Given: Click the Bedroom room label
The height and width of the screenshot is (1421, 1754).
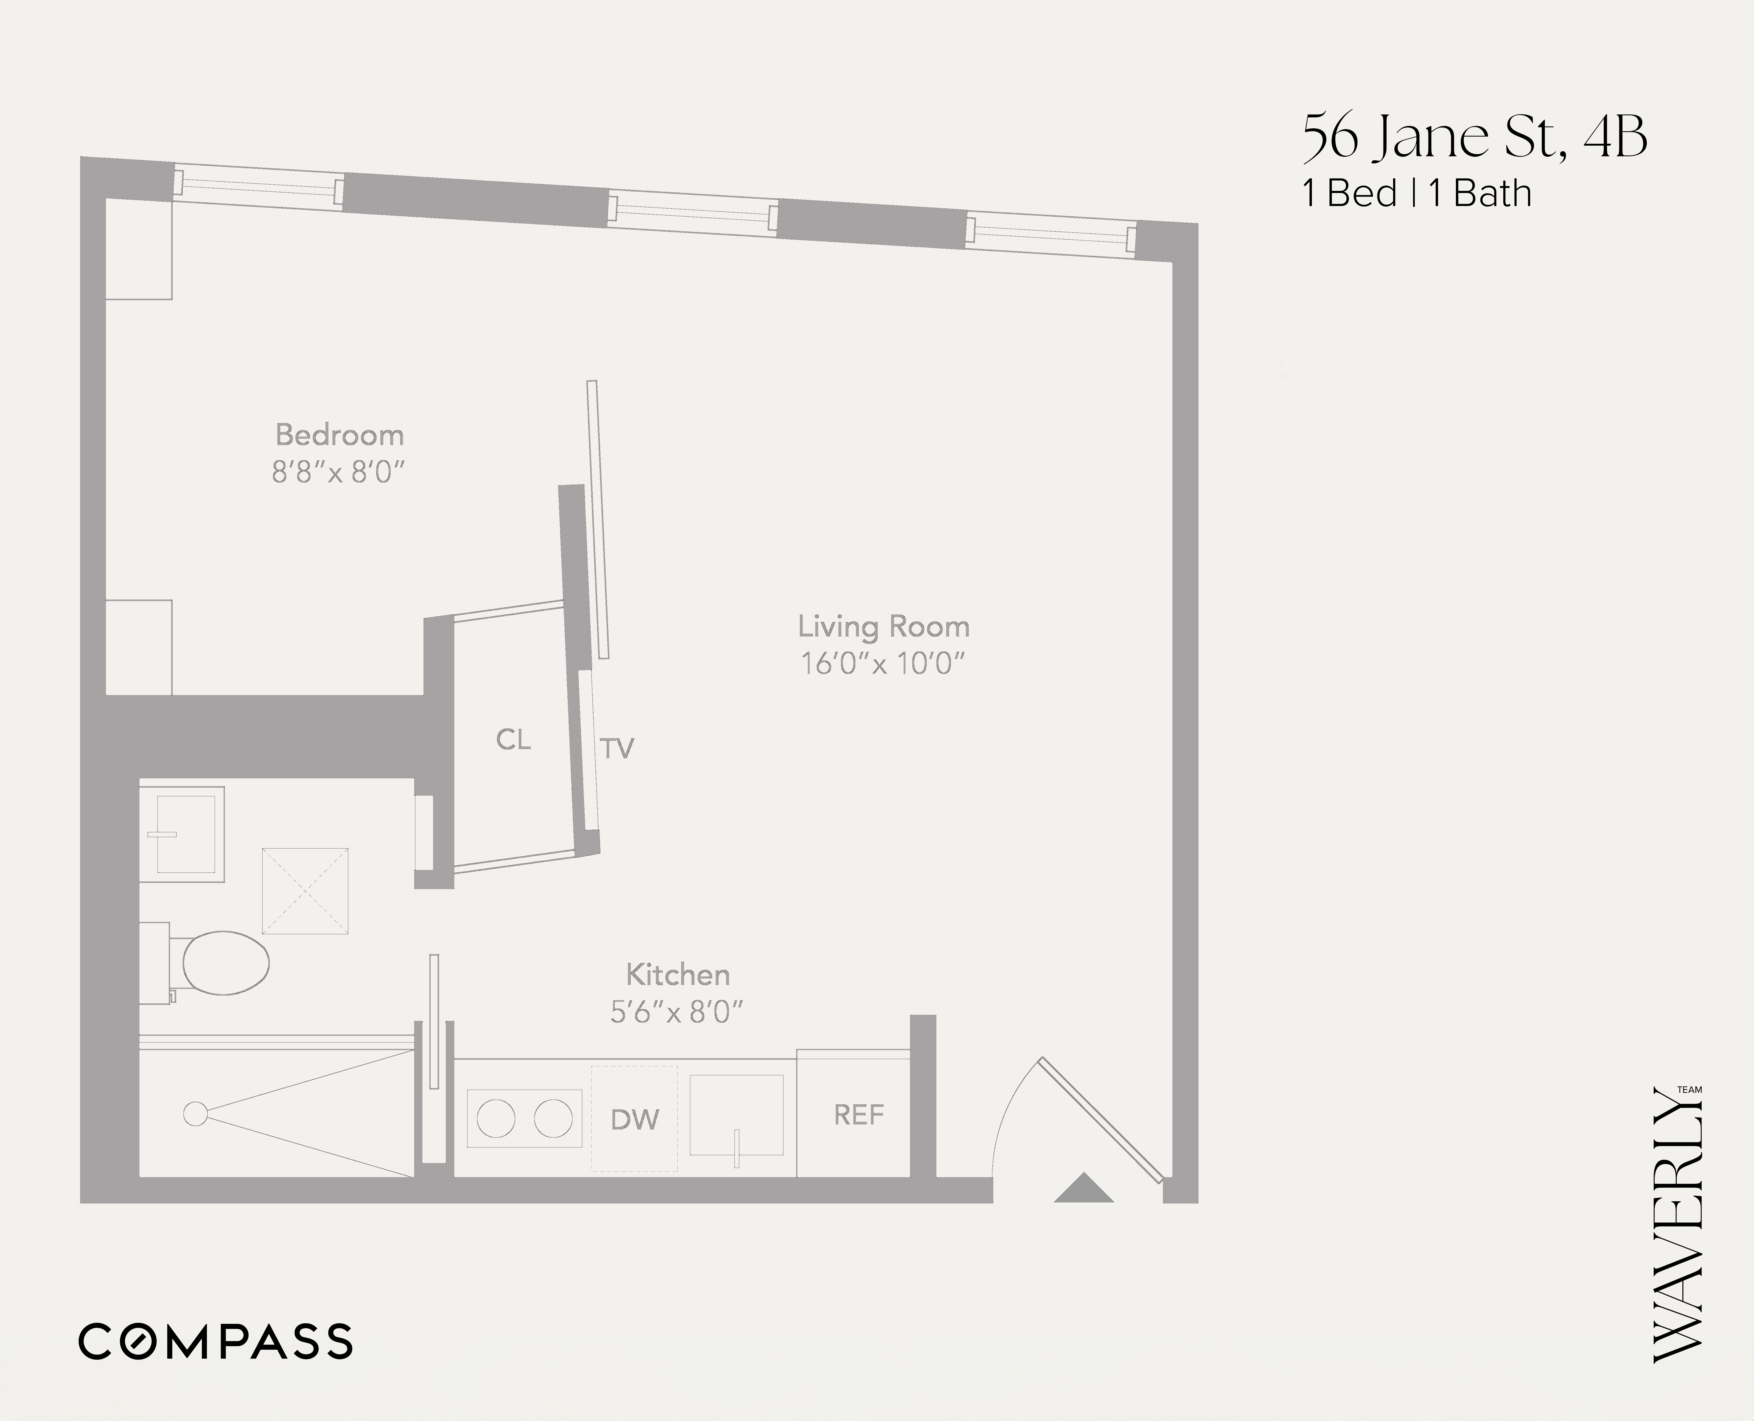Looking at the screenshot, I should (x=339, y=435).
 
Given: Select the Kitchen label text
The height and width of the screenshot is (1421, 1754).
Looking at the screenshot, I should (x=678, y=975).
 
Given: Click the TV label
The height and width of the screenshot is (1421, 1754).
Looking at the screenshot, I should (x=617, y=748).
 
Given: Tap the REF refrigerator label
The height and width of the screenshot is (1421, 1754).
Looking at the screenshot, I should (x=859, y=1115).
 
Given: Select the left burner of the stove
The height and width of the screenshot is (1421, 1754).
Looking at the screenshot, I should (x=496, y=1119).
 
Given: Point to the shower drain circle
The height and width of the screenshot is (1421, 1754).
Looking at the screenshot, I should (x=195, y=1114).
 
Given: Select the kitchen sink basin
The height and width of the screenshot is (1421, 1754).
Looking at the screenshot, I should (x=736, y=1115).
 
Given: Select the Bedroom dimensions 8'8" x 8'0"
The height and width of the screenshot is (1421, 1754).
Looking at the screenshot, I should (x=339, y=472).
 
